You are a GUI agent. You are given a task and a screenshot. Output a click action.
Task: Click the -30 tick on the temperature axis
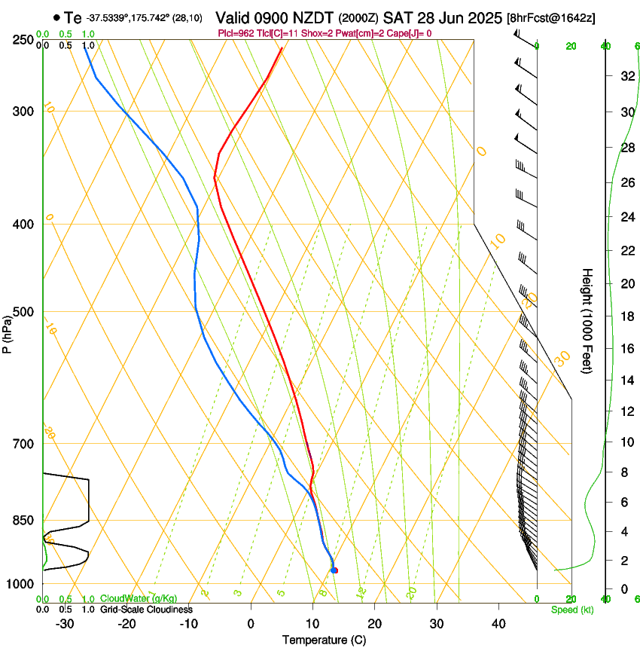65,623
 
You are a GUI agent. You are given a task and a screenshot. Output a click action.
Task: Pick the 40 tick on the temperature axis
498,623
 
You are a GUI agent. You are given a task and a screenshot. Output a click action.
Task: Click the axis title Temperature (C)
324,640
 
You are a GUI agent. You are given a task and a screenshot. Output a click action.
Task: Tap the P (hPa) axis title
7,332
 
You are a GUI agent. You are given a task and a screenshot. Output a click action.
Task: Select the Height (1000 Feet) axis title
587,320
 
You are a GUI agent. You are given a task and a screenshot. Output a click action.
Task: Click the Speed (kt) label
571,610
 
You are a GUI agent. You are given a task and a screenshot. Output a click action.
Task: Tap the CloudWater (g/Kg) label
139,599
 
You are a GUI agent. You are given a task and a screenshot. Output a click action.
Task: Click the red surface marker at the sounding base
334,570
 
